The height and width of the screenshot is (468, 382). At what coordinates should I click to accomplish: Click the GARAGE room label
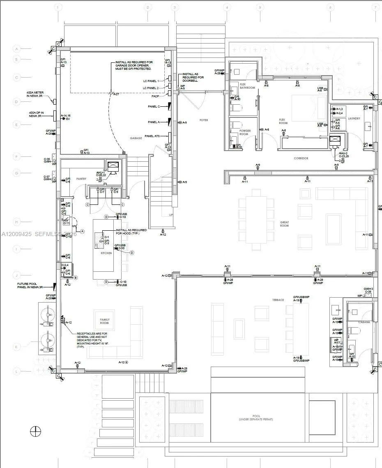click(x=136, y=138)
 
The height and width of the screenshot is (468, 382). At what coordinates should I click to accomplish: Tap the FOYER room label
click(x=204, y=120)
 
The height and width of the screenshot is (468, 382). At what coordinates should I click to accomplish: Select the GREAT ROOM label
click(x=284, y=224)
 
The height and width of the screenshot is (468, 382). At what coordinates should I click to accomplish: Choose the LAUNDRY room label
click(x=354, y=119)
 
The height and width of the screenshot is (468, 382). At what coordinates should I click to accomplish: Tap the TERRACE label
click(x=278, y=300)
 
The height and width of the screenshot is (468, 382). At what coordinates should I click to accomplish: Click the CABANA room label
click(x=364, y=322)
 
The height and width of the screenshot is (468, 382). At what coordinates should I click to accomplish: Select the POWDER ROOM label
click(x=244, y=132)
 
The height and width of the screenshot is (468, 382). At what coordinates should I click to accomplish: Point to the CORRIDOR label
click(x=301, y=158)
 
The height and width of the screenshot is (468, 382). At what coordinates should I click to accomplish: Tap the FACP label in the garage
click(x=155, y=96)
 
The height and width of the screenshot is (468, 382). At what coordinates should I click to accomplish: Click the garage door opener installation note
click(x=134, y=65)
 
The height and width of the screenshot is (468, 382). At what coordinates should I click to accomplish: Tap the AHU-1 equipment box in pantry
click(x=113, y=167)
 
